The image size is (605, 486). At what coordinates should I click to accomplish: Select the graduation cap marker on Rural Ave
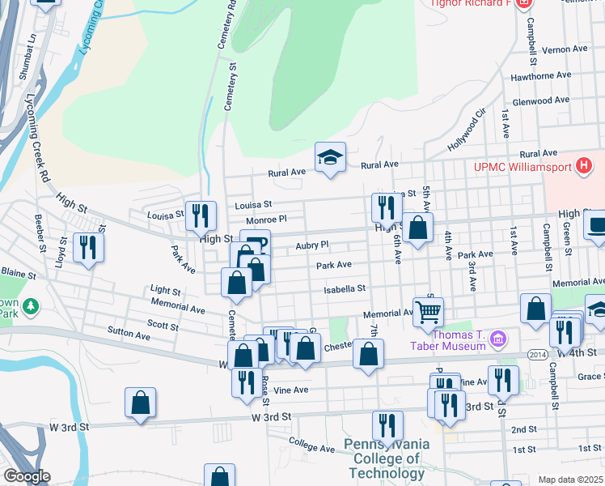tap(330, 157)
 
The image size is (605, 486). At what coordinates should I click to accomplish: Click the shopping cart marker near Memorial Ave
tap(428, 311)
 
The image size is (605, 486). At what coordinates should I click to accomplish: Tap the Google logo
tap(26, 476)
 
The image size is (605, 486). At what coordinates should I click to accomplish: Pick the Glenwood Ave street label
tap(548, 100)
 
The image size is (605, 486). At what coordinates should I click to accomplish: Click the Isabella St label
tap(345, 288)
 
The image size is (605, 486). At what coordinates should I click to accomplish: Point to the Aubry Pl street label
tap(312, 245)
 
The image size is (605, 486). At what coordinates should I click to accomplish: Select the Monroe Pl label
tap(267, 220)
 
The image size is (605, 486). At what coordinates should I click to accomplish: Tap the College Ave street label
tap(311, 447)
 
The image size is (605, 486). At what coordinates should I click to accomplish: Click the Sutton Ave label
tap(129, 335)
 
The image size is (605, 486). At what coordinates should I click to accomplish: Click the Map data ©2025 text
tap(569, 480)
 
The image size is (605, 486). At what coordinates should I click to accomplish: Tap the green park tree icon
tap(31, 306)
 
